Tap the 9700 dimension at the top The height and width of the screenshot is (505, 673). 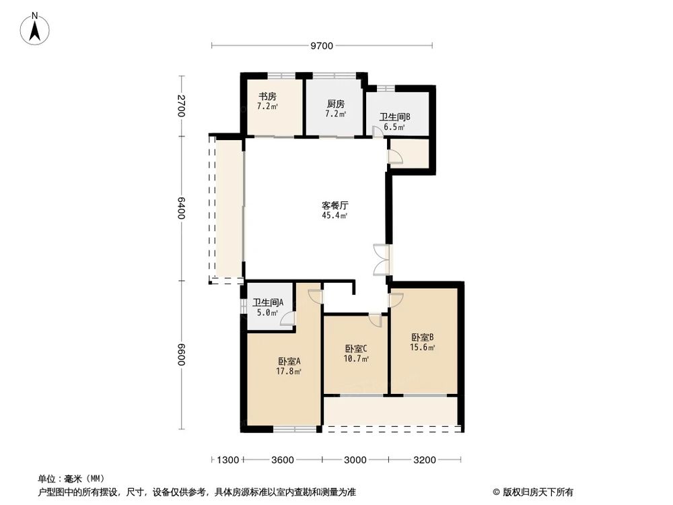[x=322, y=46]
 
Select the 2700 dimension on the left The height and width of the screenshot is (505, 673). [x=181, y=106]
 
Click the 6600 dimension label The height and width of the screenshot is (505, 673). [x=181, y=355]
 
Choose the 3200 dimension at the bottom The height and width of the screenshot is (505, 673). [x=425, y=460]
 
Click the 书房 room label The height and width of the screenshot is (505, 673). [x=267, y=96]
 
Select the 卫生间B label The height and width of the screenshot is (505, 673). [x=394, y=116]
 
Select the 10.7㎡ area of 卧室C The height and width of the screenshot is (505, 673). [x=356, y=358]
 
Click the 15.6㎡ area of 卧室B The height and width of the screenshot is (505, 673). [x=423, y=347]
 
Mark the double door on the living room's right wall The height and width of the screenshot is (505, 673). [x=382, y=259]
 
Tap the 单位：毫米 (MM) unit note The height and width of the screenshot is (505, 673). [x=70, y=479]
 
